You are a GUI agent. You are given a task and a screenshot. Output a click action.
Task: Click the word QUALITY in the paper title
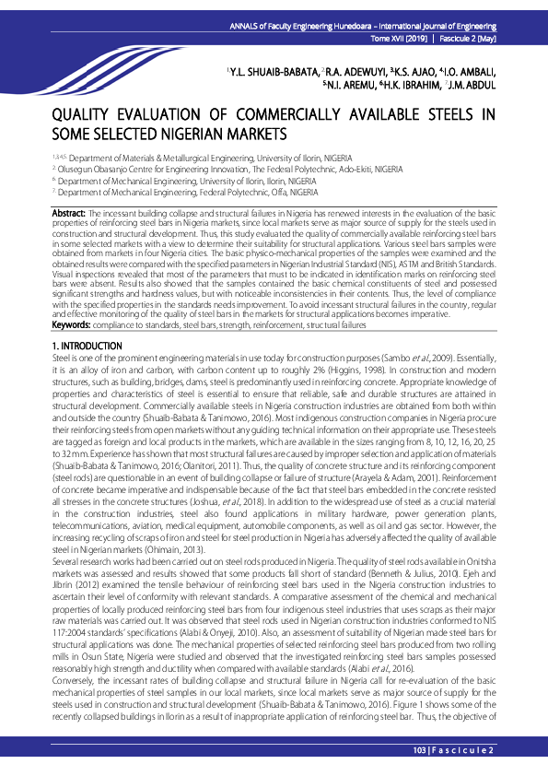[86, 116]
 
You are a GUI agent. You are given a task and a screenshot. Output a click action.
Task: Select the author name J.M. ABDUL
[472, 86]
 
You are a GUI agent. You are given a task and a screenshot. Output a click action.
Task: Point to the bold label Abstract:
[69, 213]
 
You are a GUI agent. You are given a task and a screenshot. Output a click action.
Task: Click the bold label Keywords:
[71, 325]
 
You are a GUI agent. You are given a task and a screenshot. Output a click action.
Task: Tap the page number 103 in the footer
[422, 751]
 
